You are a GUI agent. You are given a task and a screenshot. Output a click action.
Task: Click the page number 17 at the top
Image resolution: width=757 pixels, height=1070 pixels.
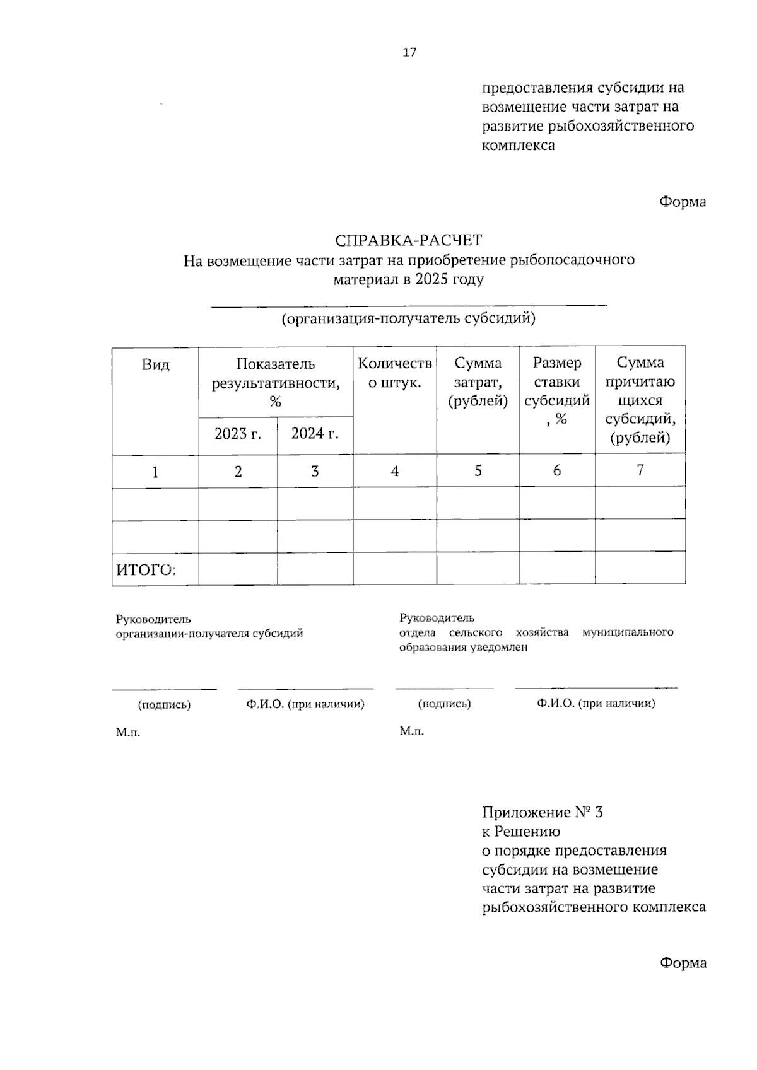[409, 52]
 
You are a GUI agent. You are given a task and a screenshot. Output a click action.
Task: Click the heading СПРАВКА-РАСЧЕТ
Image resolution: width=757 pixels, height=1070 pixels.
[408, 240]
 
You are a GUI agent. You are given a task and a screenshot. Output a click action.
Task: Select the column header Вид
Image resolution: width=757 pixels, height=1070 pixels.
[155, 364]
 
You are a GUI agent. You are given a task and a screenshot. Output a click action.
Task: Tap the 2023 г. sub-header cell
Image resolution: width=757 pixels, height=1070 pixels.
[238, 434]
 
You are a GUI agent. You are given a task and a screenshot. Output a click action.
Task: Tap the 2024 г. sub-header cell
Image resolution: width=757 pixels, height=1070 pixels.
[315, 434]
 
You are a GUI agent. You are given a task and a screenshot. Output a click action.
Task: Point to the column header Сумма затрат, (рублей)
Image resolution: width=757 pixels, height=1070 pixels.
[478, 381]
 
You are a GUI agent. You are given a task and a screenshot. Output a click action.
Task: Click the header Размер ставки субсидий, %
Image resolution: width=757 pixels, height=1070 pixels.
[557, 390]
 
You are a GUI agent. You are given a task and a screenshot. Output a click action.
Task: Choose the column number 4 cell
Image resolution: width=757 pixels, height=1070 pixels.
[395, 471]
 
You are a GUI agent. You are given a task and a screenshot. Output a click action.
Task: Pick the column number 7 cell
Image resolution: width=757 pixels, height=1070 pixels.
[640, 470]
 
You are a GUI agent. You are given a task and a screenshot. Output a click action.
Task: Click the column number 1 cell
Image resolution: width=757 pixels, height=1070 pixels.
[155, 472]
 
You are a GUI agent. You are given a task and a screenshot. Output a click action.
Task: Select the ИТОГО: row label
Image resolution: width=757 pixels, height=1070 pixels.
[145, 570]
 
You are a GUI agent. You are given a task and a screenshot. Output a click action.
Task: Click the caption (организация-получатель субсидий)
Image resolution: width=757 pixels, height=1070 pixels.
[408, 318]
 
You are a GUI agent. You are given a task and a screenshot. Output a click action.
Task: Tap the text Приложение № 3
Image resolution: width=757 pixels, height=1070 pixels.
[543, 812]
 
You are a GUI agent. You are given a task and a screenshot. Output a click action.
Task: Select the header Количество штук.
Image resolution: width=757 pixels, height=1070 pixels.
[395, 373]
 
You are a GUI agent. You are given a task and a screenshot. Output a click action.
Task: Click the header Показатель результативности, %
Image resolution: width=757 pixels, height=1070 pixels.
[275, 383]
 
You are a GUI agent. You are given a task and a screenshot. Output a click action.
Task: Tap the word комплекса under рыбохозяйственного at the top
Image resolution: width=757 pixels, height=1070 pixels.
[519, 145]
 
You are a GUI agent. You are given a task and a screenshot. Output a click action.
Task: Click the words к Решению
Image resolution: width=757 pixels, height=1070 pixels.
[521, 831]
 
